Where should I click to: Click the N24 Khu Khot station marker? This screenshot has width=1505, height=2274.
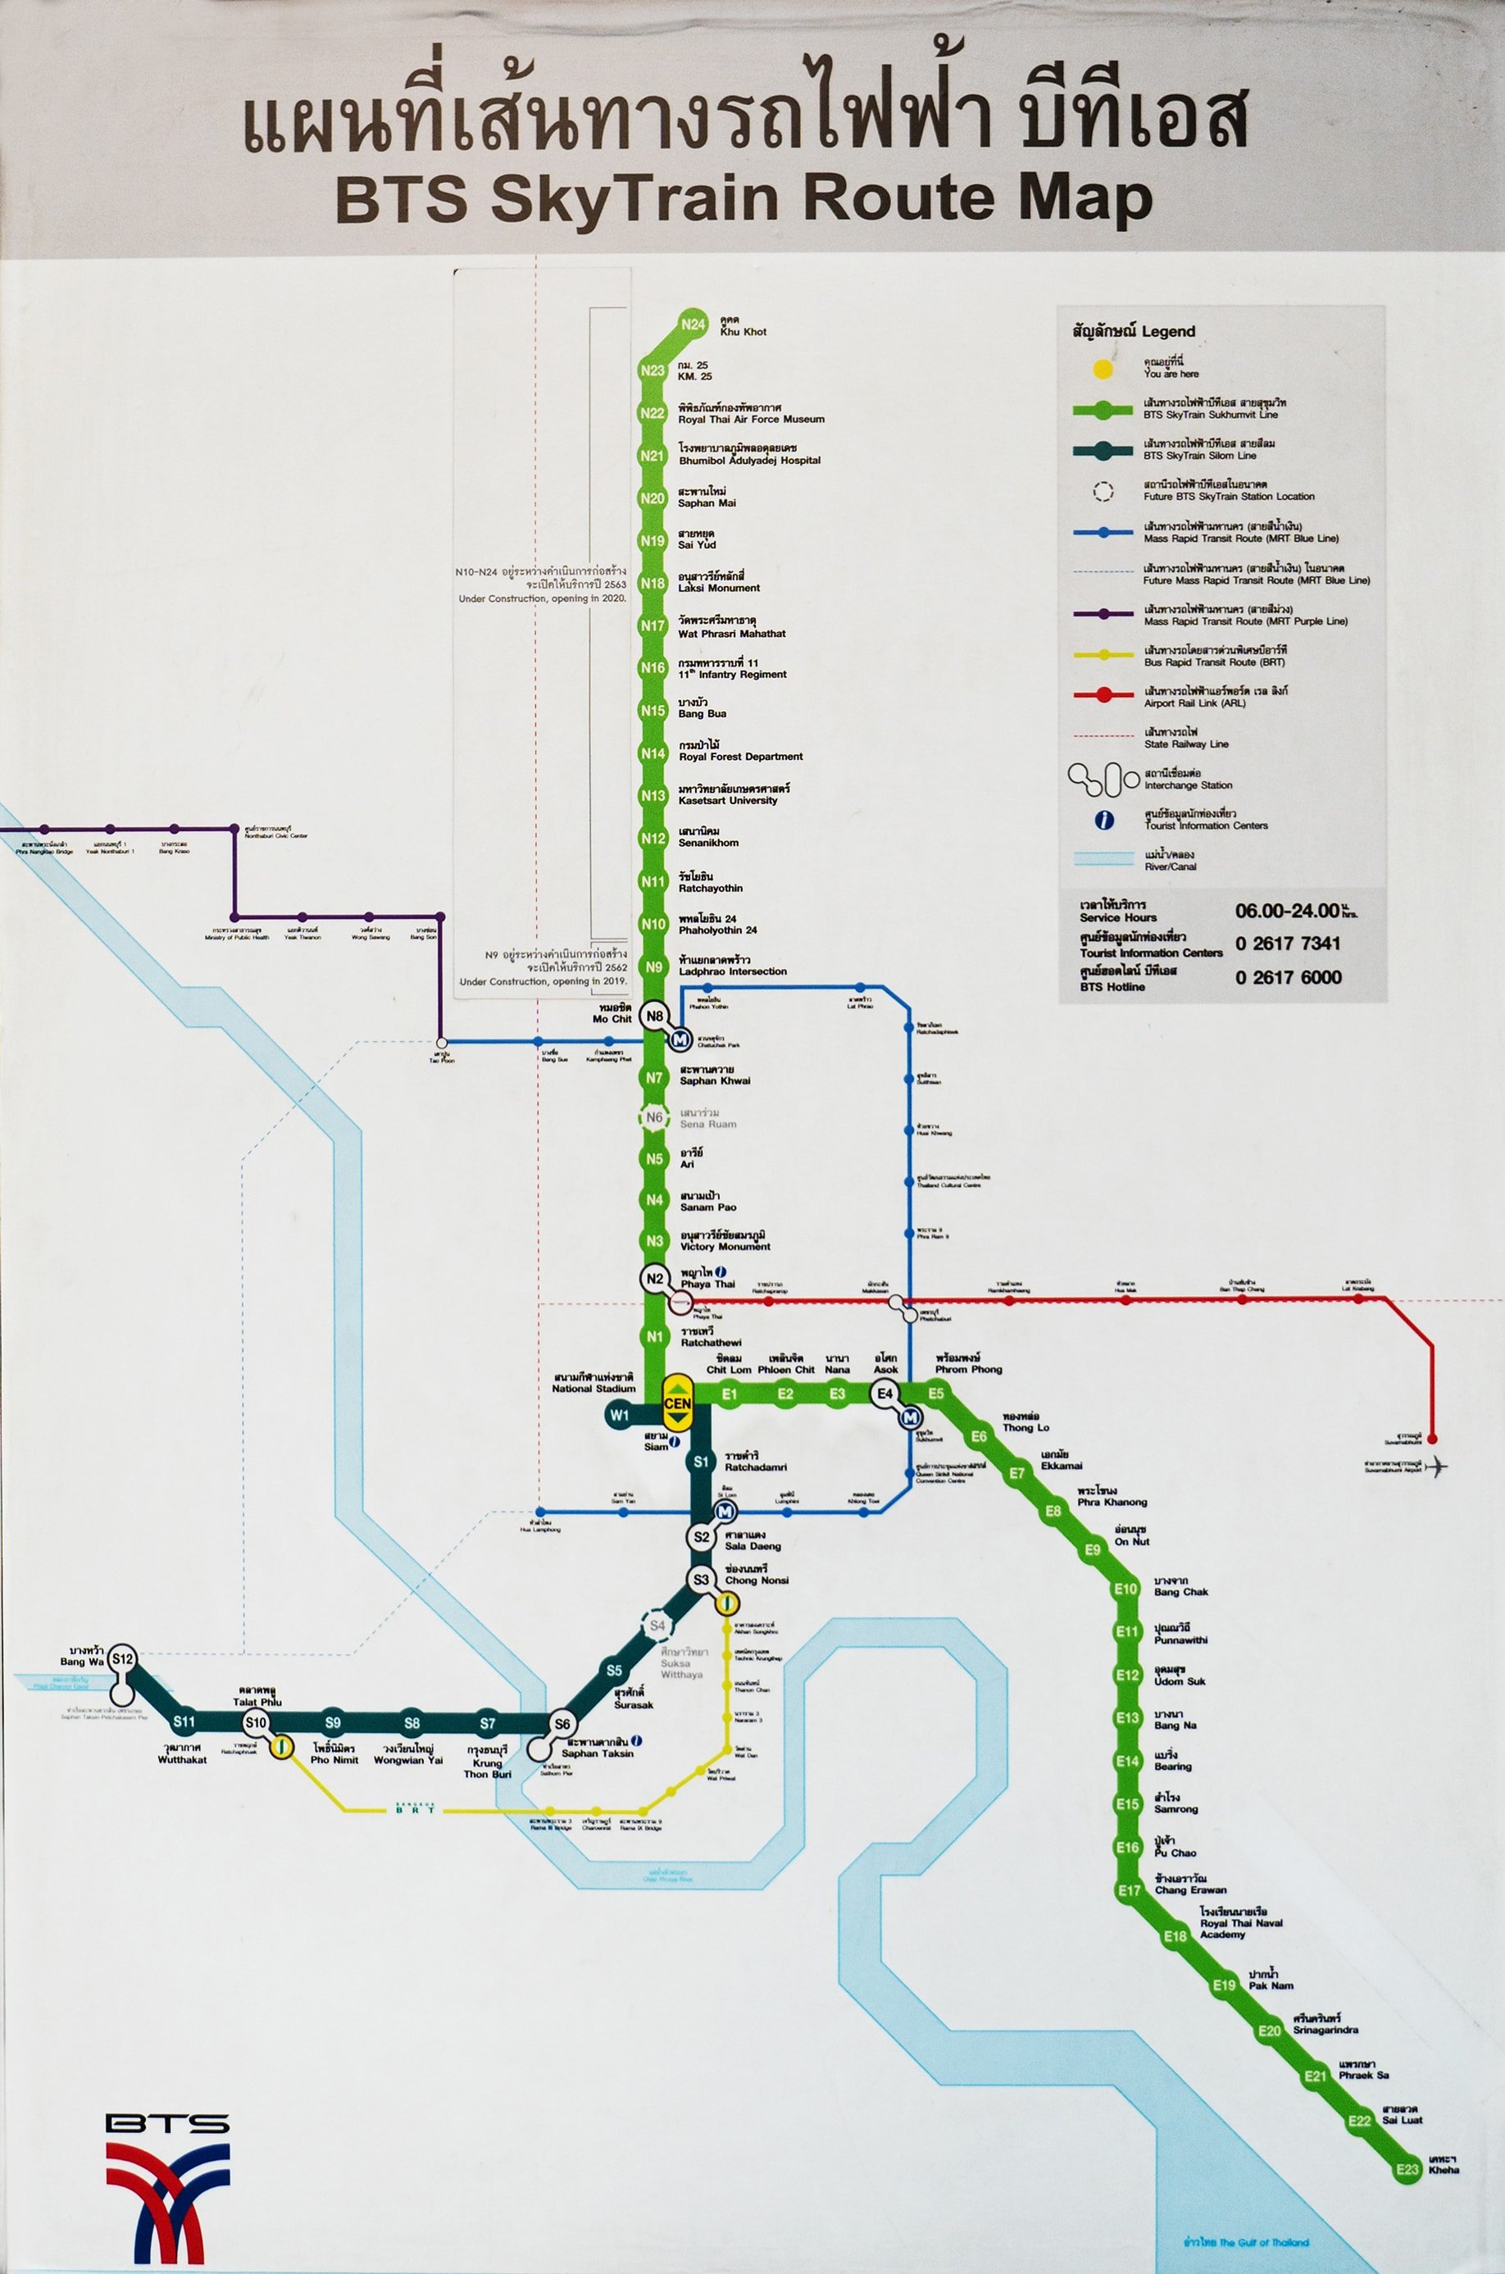[692, 325]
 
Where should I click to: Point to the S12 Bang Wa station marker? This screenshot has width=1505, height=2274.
[122, 1658]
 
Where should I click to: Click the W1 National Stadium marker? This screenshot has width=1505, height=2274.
[620, 1415]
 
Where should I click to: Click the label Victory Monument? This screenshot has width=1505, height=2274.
[725, 1247]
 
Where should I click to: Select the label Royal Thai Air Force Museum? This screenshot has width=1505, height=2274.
[751, 420]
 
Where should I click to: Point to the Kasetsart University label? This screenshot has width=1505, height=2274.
[728, 801]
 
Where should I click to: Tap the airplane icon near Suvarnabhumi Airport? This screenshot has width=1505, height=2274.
[1437, 1467]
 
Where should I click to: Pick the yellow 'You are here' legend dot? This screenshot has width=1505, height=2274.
[1103, 369]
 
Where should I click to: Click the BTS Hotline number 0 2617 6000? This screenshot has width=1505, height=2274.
[1288, 977]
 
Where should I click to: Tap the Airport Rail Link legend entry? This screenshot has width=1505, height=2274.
[1194, 703]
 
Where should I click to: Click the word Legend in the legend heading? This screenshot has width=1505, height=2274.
[1168, 331]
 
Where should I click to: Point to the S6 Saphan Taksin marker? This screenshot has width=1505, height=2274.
[562, 1724]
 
